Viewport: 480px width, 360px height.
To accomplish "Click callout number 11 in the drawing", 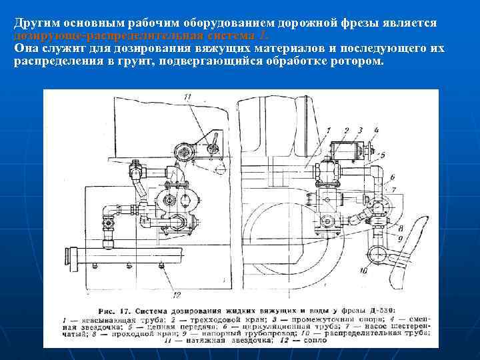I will click(188, 98).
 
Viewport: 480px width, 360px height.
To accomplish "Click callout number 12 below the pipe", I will click(175, 294).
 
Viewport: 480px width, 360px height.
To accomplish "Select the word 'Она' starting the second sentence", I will click(25, 49).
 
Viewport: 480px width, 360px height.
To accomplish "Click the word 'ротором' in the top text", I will click(357, 62).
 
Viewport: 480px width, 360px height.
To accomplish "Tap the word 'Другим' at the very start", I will click(36, 23).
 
